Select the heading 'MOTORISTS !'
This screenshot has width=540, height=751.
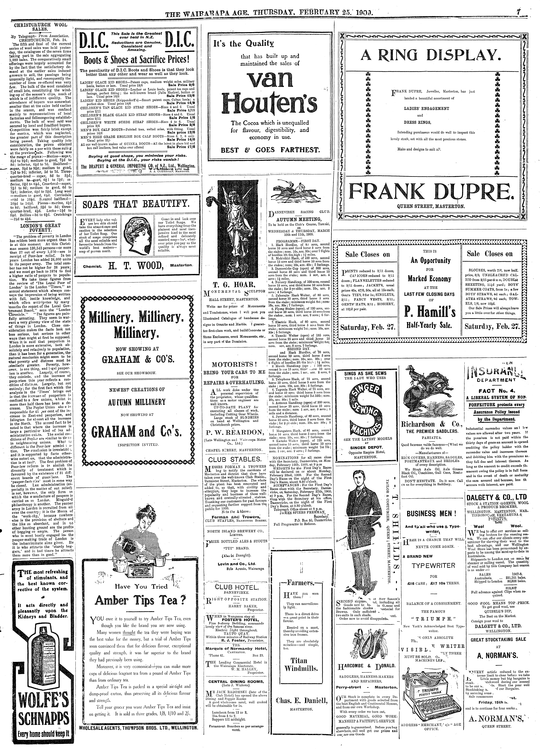(234, 365)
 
